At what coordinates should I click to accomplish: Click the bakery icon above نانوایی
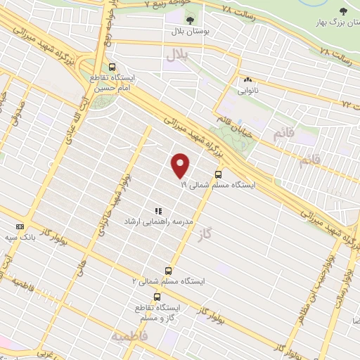[x=247, y=79]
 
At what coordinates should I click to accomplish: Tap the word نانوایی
[x=247, y=90]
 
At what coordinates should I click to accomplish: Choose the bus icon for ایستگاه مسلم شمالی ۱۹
[x=218, y=174]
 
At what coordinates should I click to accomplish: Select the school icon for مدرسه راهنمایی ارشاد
[x=158, y=210]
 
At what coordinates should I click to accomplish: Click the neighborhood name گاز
[x=224, y=231]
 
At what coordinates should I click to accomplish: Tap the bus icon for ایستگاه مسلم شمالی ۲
[x=167, y=270]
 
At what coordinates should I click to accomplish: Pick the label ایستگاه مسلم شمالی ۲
[x=167, y=281]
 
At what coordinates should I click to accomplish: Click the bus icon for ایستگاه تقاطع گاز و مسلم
[x=156, y=297]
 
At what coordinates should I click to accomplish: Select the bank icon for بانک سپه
[x=20, y=226]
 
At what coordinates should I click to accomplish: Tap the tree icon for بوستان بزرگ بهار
[x=342, y=11]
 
